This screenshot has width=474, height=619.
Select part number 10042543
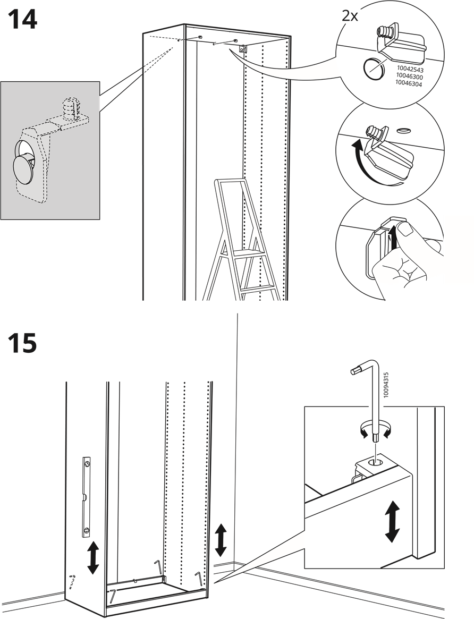[x=410, y=70]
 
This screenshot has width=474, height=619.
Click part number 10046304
[x=410, y=83]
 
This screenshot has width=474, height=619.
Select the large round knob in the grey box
[x=23, y=168]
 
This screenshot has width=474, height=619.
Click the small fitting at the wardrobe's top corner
[x=243, y=49]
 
